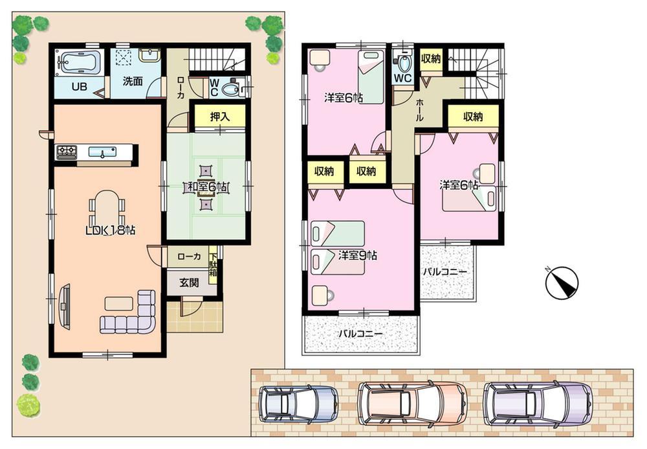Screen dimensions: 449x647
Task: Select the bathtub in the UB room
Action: click(x=78, y=63)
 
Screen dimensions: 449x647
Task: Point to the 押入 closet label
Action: click(x=219, y=117)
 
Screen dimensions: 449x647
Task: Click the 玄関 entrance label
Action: click(x=190, y=282)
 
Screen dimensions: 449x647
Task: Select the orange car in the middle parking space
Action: click(x=412, y=401)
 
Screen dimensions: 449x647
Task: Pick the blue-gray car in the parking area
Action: click(x=298, y=403)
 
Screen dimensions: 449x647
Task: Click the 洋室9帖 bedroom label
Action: click(x=357, y=255)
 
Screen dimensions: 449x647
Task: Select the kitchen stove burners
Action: click(x=67, y=152)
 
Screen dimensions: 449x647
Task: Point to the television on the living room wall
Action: click(x=65, y=304)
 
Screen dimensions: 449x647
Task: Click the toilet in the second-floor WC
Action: click(x=404, y=63)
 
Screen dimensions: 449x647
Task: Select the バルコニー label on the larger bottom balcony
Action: click(x=361, y=334)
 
